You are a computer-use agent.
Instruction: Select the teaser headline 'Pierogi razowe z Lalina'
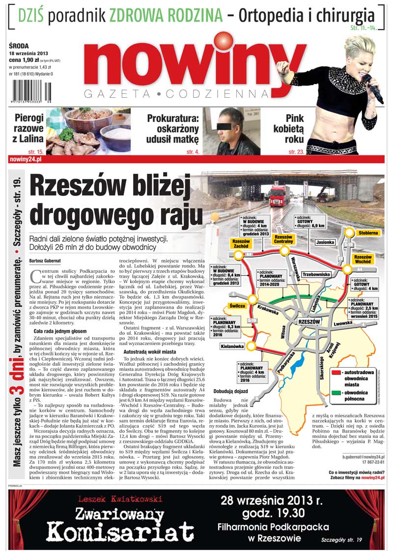[x=29, y=128]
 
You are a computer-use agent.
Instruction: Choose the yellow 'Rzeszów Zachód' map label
[x=241, y=244]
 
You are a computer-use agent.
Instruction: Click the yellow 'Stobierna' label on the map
[x=368, y=232]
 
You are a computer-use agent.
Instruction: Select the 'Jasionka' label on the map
[x=325, y=242]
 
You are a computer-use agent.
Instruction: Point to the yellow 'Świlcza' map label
[x=226, y=305]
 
